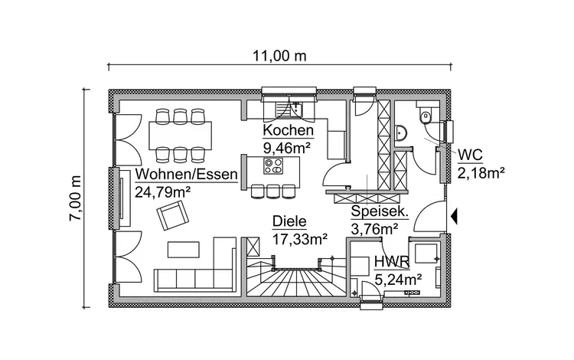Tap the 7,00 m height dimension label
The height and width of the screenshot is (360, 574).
pos(75,198)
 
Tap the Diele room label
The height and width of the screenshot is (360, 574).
pos(289,223)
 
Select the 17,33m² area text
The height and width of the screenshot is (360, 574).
pos(301,239)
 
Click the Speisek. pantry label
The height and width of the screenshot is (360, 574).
pos(379,212)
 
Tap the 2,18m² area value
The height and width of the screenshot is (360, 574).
pos(481,174)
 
